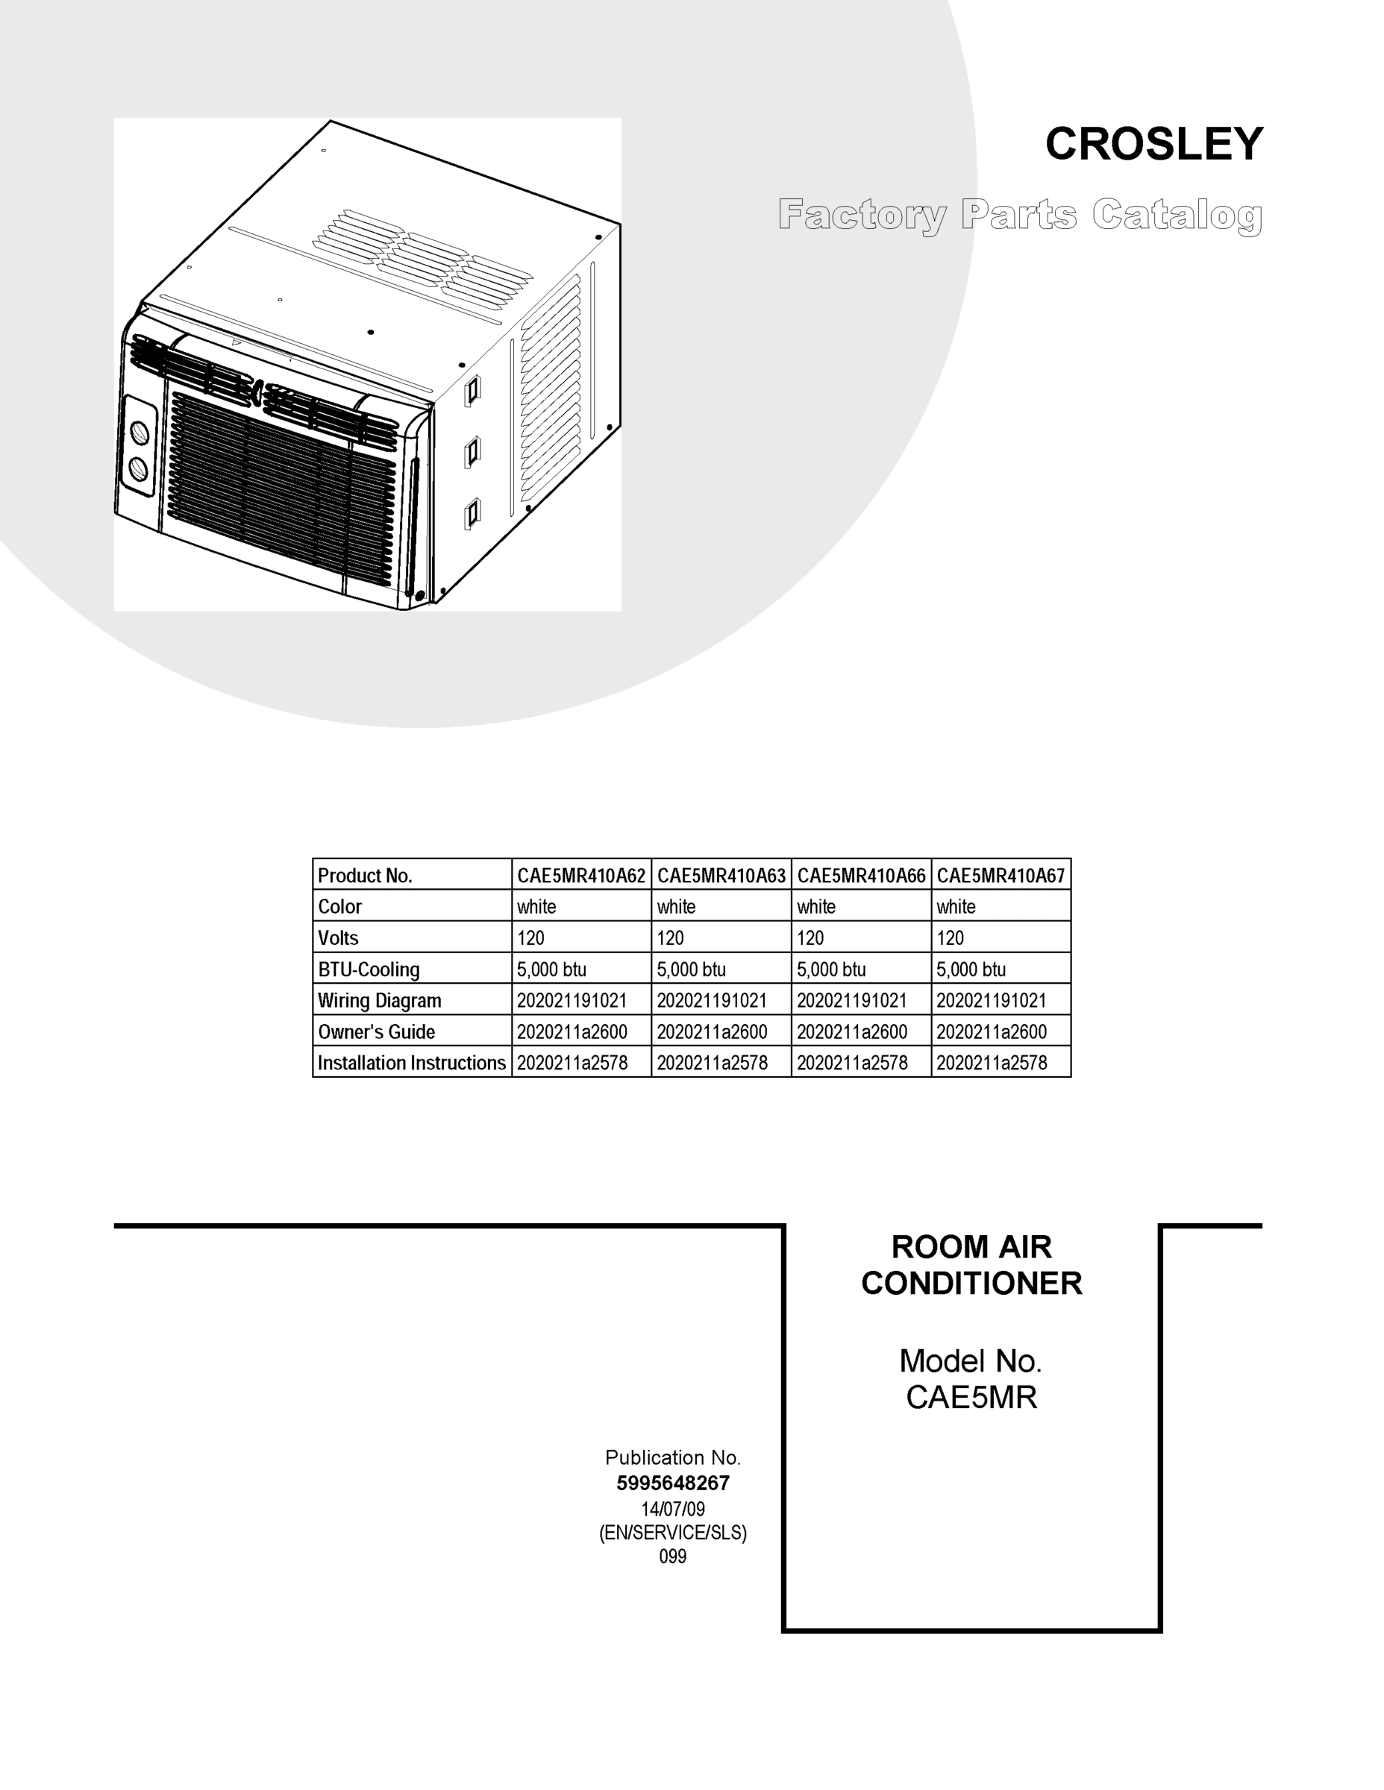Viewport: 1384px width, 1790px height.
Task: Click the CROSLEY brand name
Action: (1153, 144)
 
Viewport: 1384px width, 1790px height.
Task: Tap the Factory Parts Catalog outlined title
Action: (1020, 215)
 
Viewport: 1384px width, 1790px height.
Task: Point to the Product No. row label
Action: (365, 876)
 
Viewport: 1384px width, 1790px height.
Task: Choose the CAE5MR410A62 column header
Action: (580, 876)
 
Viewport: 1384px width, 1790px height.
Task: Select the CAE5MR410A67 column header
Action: (1001, 876)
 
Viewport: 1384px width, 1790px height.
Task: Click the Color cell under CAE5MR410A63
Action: (677, 906)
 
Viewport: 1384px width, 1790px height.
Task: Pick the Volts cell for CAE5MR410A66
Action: (811, 938)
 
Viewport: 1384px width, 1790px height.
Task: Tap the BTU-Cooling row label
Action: (369, 970)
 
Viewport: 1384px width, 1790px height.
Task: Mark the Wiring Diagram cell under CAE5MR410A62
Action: (572, 1001)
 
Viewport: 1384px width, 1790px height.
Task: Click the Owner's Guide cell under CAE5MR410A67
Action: (992, 1032)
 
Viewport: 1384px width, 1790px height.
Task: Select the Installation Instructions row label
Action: (412, 1063)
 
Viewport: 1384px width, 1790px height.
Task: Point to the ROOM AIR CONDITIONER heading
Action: (971, 1265)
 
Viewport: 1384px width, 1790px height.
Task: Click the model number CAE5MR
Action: (971, 1398)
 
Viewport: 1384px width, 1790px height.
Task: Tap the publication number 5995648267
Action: (672, 1483)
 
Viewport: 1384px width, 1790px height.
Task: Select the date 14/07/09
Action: (672, 1509)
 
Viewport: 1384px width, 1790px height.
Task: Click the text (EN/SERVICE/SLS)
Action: (672, 1533)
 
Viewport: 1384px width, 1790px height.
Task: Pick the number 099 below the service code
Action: (672, 1557)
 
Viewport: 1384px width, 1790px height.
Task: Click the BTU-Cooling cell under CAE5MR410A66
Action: (831, 970)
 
